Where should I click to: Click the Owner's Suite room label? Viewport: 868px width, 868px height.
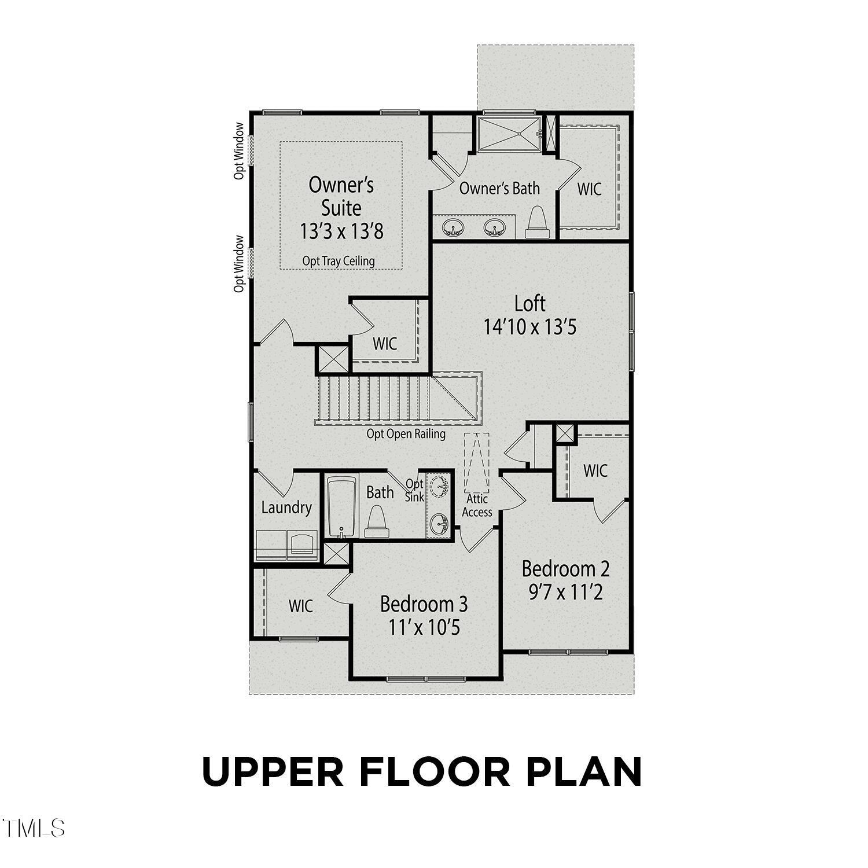[x=341, y=196]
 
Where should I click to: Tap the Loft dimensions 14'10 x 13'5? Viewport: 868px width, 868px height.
[x=529, y=328]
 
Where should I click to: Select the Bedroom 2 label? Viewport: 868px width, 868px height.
[x=565, y=569]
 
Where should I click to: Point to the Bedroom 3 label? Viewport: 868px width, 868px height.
[x=424, y=604]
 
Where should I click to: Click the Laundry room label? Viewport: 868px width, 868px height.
[x=286, y=507]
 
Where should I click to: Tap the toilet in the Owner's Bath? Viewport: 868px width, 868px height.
[x=536, y=223]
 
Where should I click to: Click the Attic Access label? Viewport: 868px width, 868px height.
[x=477, y=505]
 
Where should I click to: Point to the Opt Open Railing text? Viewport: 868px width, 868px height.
[x=406, y=434]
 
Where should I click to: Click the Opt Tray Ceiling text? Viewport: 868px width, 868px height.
[x=339, y=261]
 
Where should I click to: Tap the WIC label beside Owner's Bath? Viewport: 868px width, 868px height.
[x=589, y=189]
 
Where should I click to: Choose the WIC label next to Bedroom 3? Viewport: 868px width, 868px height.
[x=300, y=606]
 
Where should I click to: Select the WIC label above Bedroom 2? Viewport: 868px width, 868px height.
[x=595, y=470]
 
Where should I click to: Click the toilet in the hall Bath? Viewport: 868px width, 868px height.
[x=377, y=518]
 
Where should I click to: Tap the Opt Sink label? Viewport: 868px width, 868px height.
[x=414, y=490]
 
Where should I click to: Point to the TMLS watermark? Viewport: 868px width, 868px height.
[x=33, y=828]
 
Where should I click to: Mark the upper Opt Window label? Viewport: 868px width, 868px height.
[x=239, y=150]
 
